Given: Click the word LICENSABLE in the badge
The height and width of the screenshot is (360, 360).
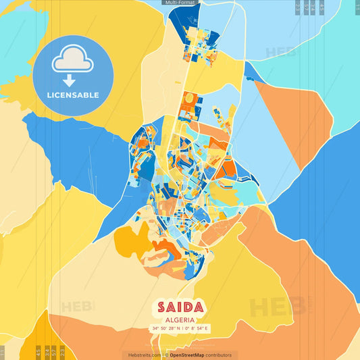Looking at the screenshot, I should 73,95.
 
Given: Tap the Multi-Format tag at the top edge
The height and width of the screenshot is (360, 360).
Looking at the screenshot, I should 180,3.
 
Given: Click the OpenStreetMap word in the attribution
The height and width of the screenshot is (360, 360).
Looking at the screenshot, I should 188,355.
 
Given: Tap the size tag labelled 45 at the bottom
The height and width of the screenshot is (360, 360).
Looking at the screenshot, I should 37,352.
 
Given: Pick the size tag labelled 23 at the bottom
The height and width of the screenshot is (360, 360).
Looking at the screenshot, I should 62,352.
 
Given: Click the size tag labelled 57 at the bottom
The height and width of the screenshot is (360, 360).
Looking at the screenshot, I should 54,352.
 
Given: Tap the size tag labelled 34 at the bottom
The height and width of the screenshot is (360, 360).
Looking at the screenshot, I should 46,352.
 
